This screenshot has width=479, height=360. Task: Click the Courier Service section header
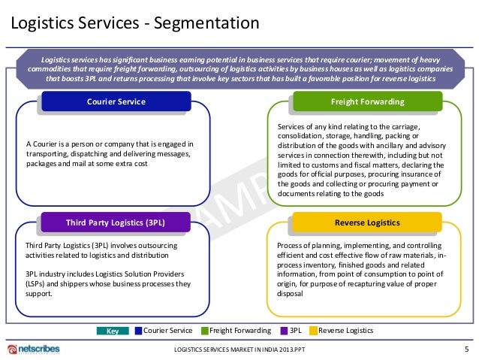[116, 101]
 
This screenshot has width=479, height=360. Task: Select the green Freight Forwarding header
[368, 101]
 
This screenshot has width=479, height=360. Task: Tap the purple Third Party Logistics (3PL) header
[116, 222]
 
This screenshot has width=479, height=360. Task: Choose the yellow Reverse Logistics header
[368, 222]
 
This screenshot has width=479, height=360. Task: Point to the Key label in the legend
[113, 331]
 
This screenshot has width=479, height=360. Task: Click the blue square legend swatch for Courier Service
[137, 331]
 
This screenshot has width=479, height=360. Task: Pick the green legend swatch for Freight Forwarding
[203, 331]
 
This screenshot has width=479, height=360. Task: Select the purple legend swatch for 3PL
[283, 331]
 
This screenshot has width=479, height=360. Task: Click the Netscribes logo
[35, 349]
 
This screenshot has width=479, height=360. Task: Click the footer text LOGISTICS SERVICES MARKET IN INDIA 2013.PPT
[239, 350]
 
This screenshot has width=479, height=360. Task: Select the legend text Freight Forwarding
[240, 331]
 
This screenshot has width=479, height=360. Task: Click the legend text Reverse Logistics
[346, 331]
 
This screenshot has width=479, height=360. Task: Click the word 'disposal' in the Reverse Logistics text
[290, 294]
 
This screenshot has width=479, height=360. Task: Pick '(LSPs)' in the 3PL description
[39, 283]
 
